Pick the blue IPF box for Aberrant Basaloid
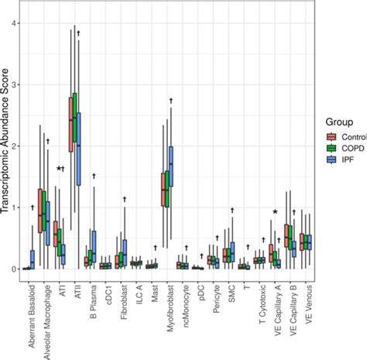[32, 259]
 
